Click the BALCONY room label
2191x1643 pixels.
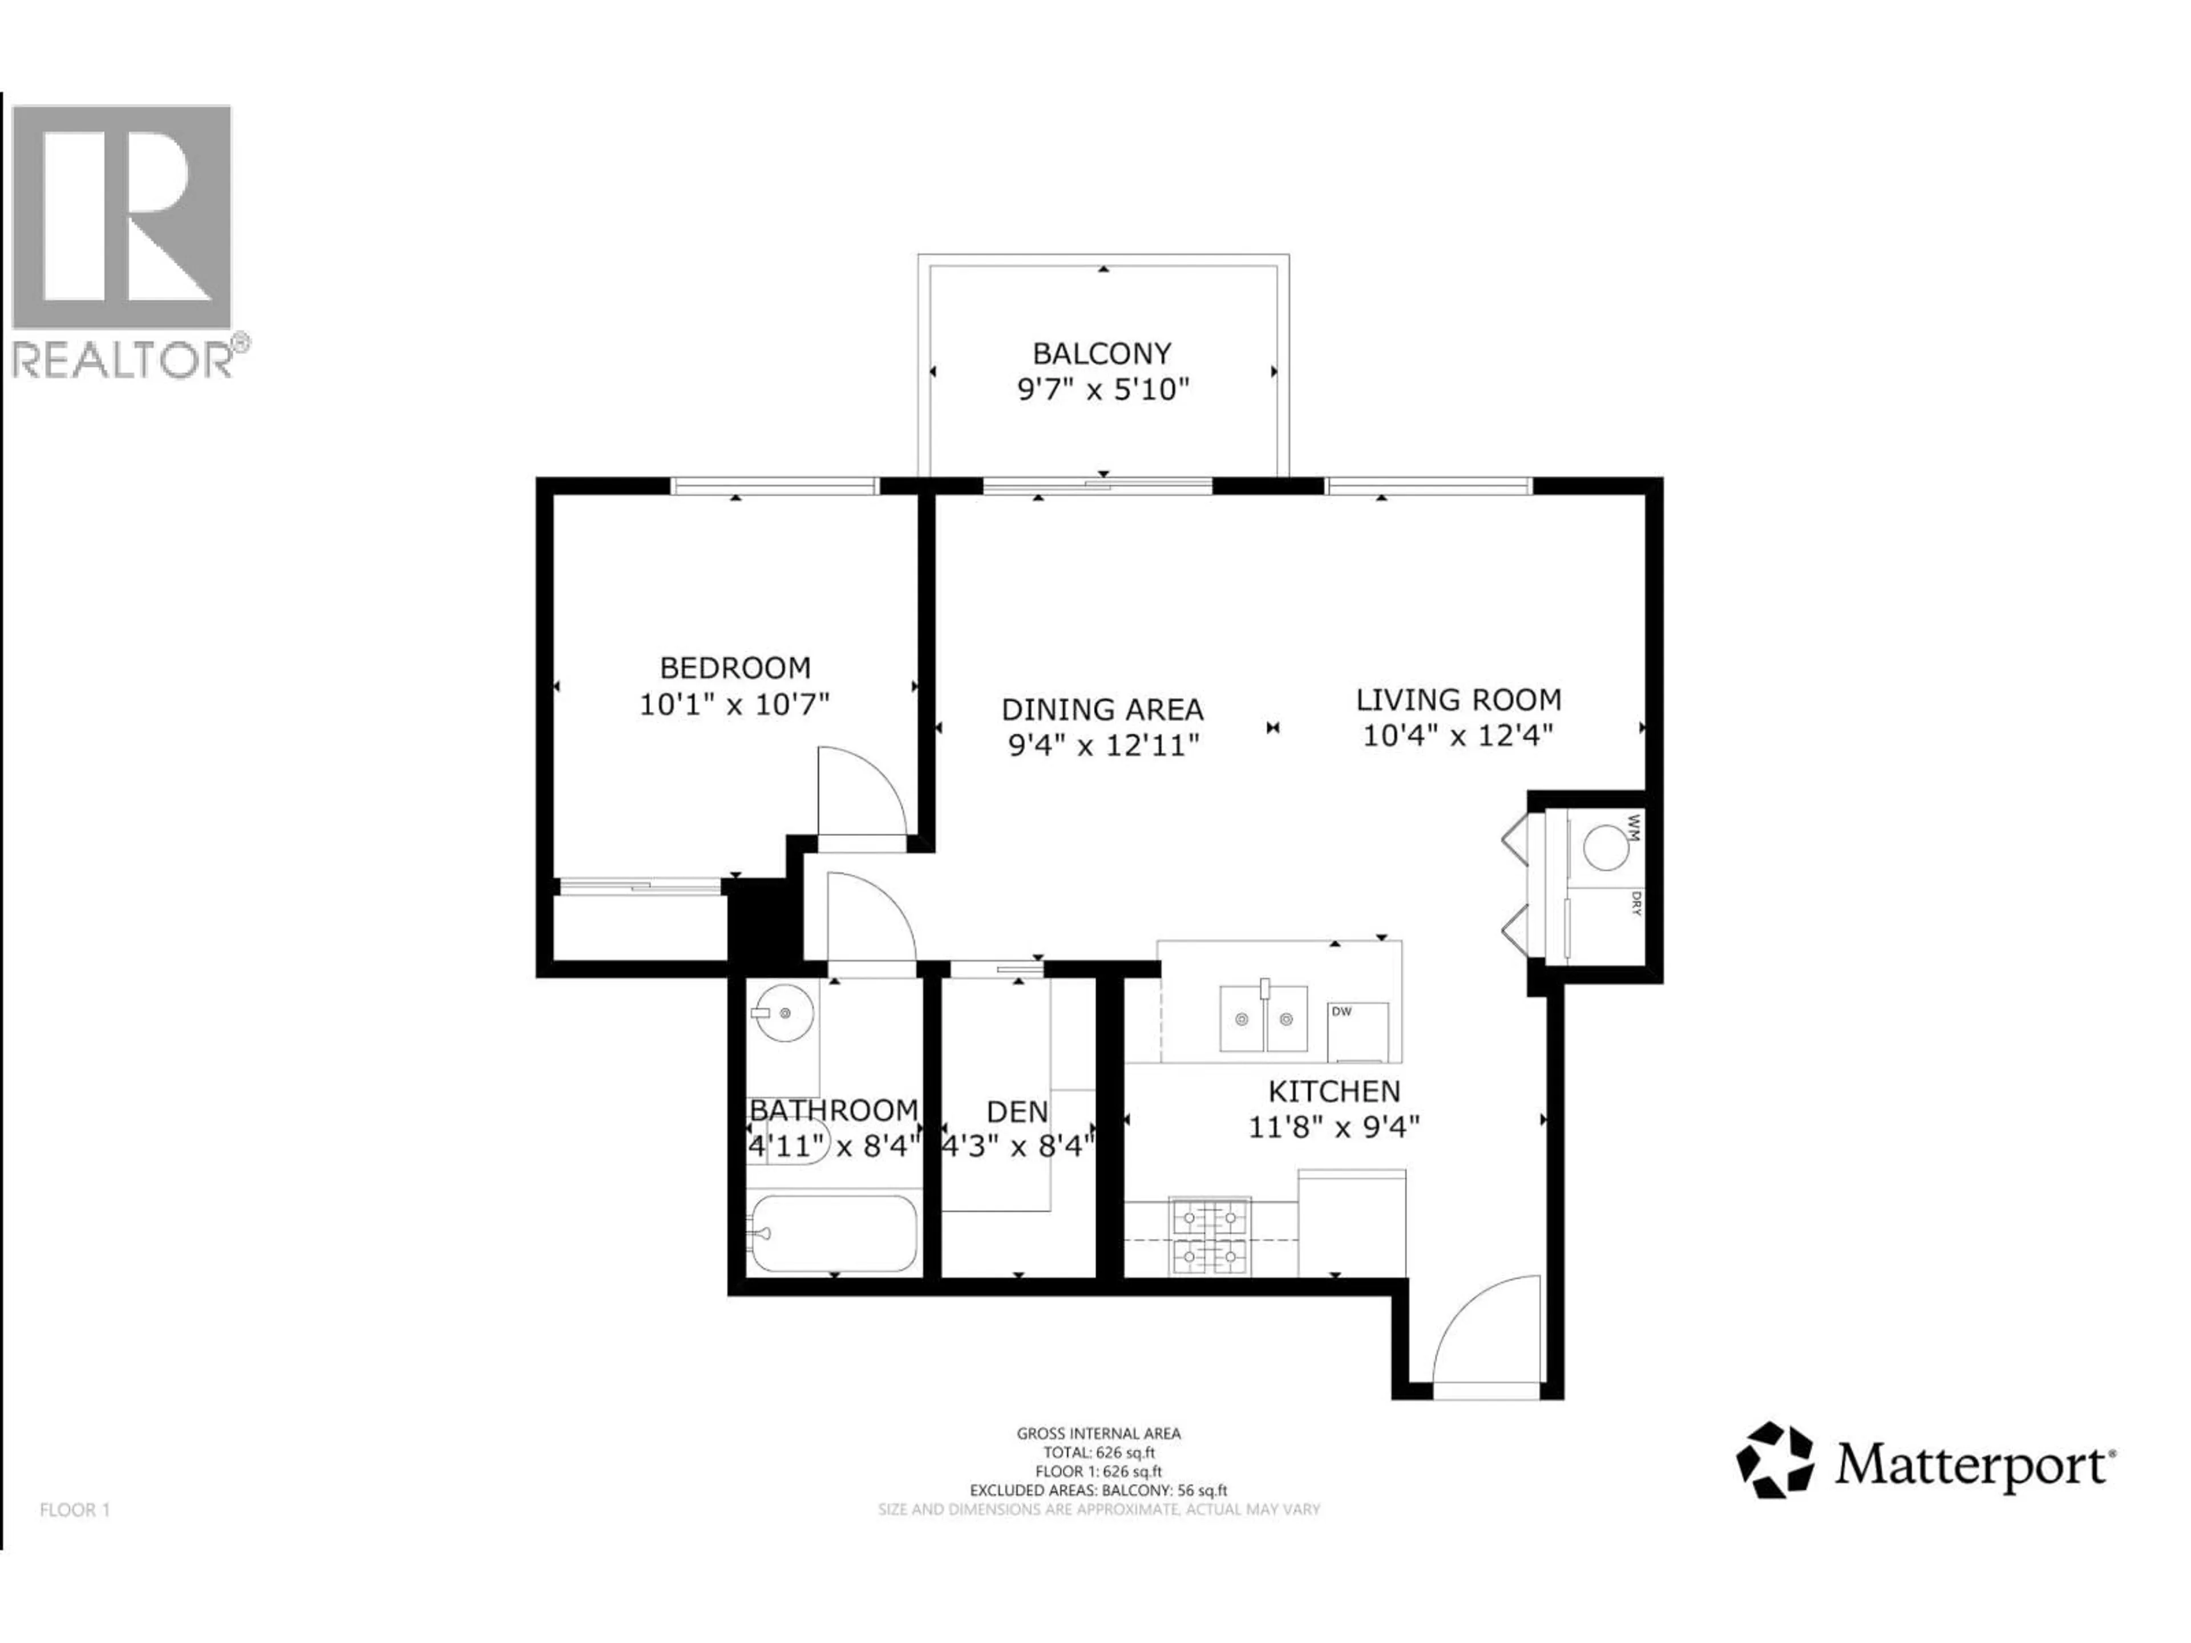(x=1101, y=354)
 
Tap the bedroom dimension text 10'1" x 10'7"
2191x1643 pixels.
(x=734, y=705)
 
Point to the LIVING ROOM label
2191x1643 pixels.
(x=1458, y=700)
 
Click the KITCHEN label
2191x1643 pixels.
(x=1334, y=1091)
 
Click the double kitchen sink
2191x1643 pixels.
(x=1263, y=1019)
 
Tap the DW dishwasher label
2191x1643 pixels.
(x=1341, y=1011)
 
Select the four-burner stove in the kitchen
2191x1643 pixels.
(x=1210, y=1236)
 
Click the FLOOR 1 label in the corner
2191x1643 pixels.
(x=75, y=1510)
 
